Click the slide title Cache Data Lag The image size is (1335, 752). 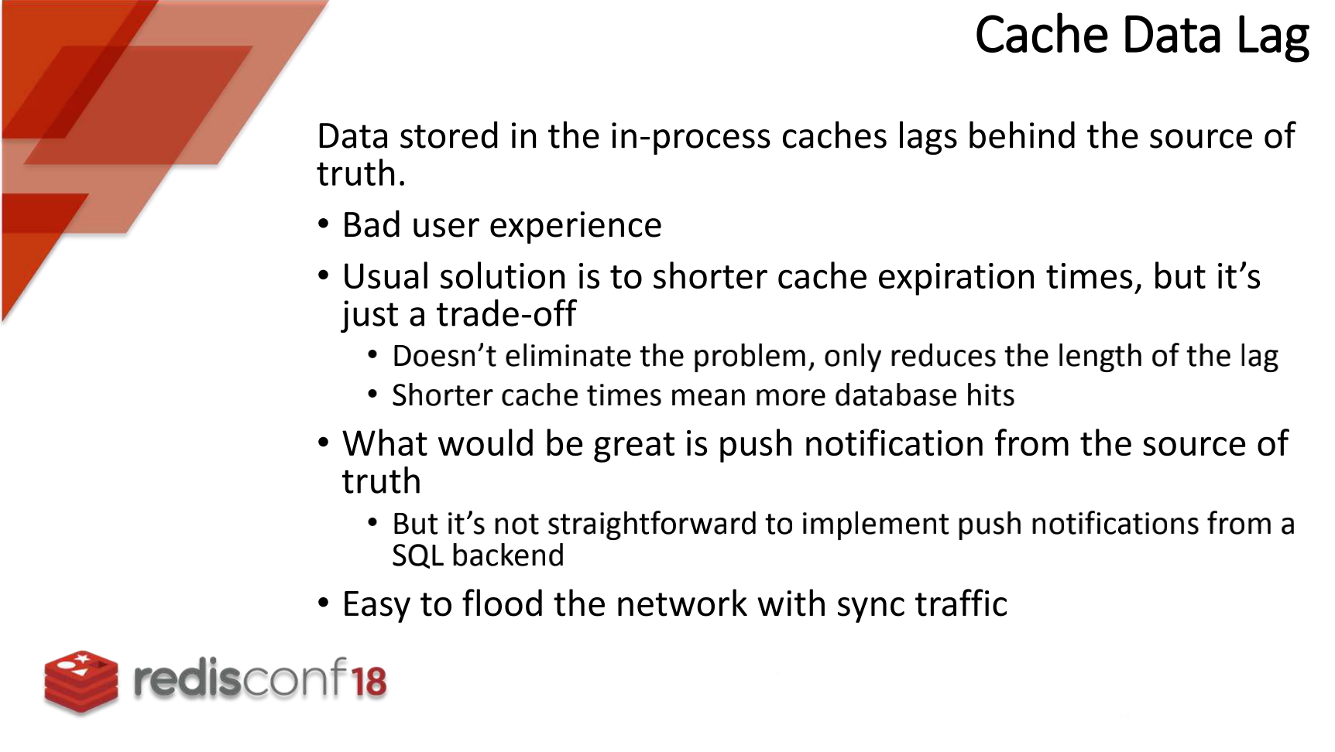click(x=1141, y=36)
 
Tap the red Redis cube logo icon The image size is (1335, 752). click(x=81, y=680)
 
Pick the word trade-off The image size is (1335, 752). click(x=506, y=314)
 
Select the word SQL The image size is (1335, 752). click(x=417, y=556)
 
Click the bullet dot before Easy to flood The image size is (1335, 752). click(x=324, y=603)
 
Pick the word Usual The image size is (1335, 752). click(x=386, y=277)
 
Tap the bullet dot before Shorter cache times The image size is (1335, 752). click(x=373, y=395)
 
